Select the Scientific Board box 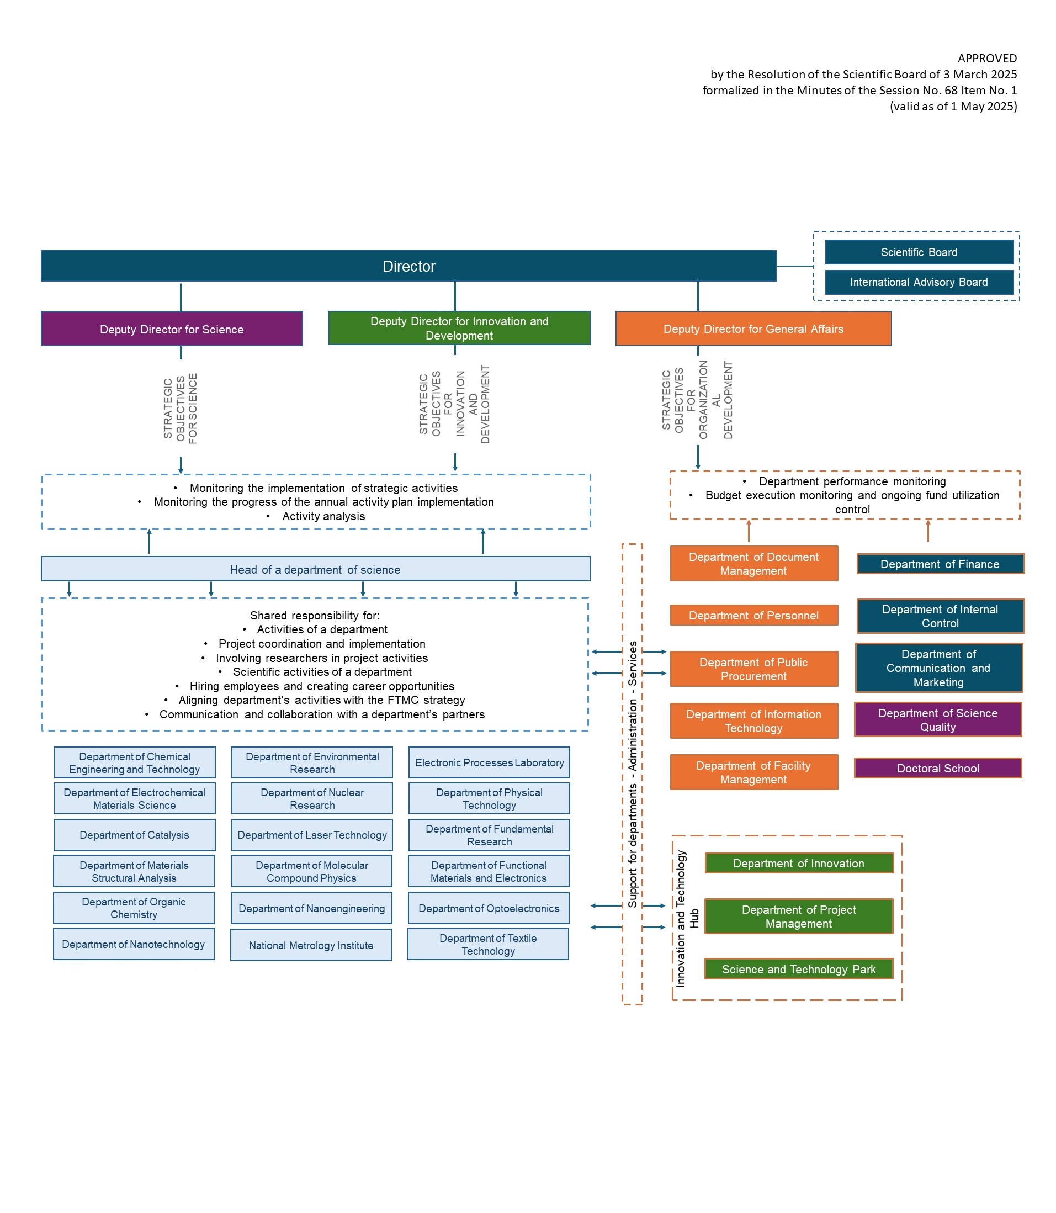[x=919, y=252]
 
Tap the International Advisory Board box [x=919, y=282]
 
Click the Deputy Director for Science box [x=172, y=330]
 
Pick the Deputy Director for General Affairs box [x=753, y=329]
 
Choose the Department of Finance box [x=940, y=564]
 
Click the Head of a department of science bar [x=315, y=569]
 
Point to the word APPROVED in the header [x=987, y=59]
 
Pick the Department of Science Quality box [x=937, y=719]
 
